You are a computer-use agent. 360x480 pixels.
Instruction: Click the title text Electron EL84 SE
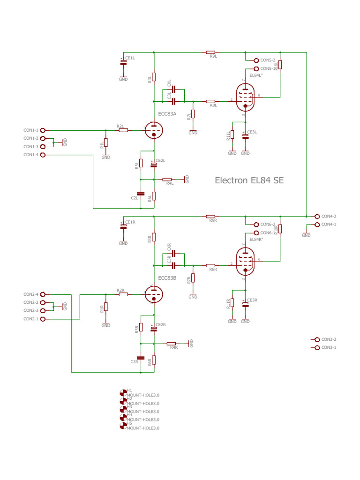[249, 180]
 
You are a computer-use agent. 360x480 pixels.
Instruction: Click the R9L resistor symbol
[210, 52]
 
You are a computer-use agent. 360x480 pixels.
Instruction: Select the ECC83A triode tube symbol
[153, 130]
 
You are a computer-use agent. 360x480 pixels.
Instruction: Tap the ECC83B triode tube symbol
[153, 294]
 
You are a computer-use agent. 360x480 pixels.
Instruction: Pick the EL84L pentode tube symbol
[245, 97]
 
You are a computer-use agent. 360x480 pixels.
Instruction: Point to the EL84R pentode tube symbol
[245, 261]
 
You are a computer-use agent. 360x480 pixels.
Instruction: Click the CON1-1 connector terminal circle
[43, 130]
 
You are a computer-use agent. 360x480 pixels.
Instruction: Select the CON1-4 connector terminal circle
[43, 155]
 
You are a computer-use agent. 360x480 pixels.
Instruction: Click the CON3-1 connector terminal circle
[317, 347]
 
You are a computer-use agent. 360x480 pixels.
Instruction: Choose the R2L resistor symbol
[123, 130]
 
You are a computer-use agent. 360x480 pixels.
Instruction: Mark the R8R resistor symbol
[210, 265]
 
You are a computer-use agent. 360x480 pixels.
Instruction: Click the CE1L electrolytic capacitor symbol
[123, 62]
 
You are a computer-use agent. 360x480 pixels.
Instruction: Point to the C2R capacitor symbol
[140, 357]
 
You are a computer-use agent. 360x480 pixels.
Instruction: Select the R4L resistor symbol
[167, 180]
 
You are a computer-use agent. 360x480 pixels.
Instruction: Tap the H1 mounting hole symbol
[123, 392]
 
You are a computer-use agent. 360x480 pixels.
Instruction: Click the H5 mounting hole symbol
[123, 426]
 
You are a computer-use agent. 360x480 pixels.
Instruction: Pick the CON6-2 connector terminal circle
[256, 225]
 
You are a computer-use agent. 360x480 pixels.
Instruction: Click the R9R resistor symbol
[210, 216]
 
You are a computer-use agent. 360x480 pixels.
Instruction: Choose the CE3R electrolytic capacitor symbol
[245, 304]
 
